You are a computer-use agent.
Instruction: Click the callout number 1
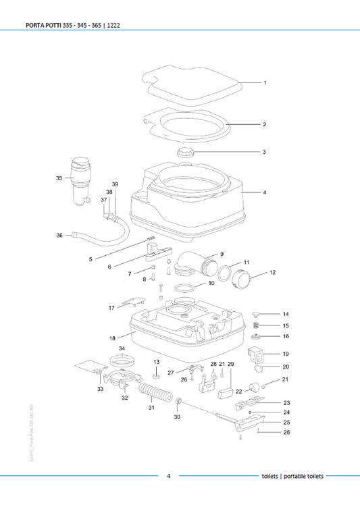[265, 83]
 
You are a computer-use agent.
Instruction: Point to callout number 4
[265, 192]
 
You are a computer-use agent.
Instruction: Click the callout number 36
[59, 236]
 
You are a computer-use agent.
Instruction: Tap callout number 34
[122, 348]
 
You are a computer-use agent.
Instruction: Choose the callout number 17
[111, 308]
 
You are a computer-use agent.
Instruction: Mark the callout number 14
[286, 314]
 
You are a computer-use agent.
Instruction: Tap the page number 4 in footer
[169, 476]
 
